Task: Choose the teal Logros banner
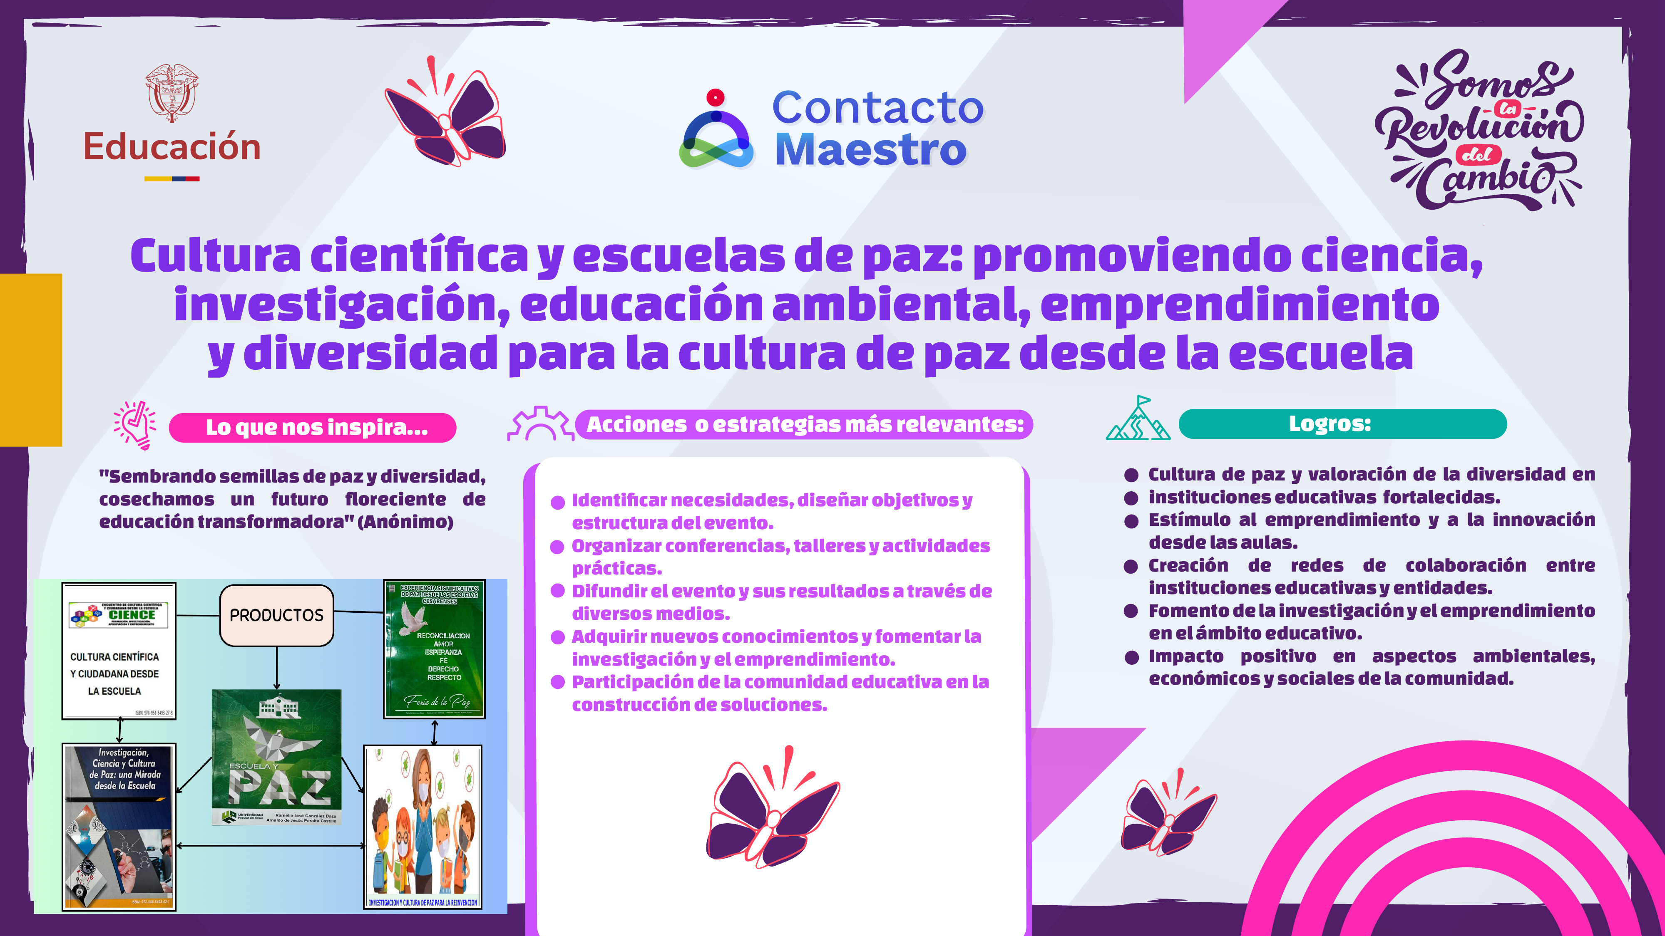point(1342,424)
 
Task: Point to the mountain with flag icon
point(1138,419)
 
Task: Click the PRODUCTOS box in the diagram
point(277,615)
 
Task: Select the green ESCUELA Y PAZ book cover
point(277,756)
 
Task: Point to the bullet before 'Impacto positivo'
point(1131,658)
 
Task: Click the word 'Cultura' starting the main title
point(215,256)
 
